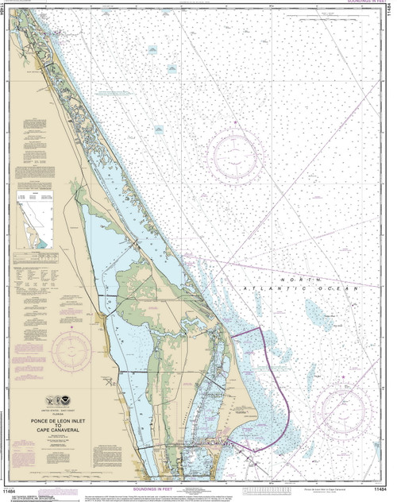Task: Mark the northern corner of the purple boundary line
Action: click(x=261, y=328)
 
